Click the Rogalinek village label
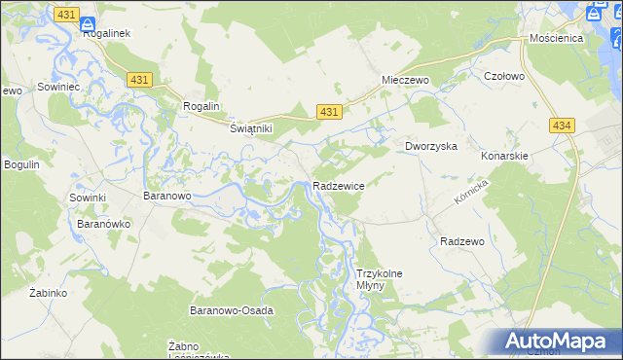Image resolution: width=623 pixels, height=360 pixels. (113, 33)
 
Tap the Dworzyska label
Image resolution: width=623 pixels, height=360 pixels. (431, 146)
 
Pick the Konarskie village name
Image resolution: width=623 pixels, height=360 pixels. (504, 156)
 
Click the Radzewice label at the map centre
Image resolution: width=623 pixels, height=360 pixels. (339, 185)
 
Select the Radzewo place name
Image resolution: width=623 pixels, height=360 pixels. (462, 240)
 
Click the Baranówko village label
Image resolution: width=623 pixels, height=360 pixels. (104, 223)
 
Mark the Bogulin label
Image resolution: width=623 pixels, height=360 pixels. (21, 164)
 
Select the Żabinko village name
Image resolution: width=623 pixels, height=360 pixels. (47, 292)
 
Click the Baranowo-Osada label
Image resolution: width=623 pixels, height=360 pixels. (231, 310)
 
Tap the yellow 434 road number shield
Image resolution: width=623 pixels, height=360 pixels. (561, 126)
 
